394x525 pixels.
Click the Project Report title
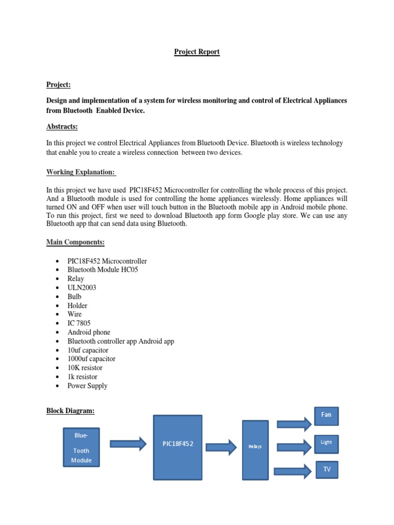click(197, 52)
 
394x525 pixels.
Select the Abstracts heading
click(62, 127)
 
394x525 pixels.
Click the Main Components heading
click(75, 241)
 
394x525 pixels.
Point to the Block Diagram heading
click(70, 411)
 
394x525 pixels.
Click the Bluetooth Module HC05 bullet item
click(103, 270)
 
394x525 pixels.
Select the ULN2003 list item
click(82, 288)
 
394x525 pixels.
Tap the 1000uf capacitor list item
click(91, 359)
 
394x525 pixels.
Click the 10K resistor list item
click(85, 368)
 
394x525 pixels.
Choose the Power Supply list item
click(87, 386)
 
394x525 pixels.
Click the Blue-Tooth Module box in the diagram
click(81, 447)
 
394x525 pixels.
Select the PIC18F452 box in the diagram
click(178, 447)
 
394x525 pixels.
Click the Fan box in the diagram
click(326, 415)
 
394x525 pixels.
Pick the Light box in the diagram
click(326, 442)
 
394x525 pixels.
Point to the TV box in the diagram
click(326, 469)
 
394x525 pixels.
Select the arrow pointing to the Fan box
click(293, 423)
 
